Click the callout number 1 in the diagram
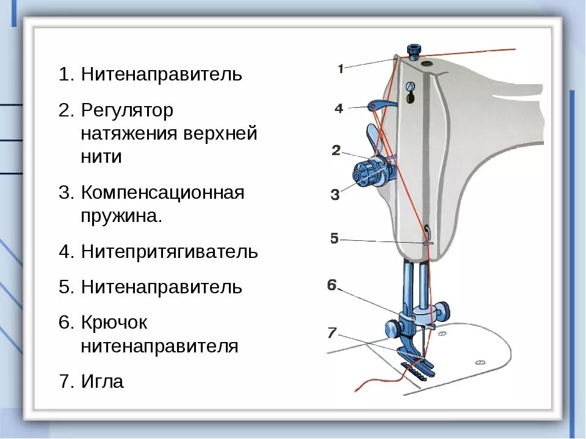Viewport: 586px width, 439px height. (341, 69)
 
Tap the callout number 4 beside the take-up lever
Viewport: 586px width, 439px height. (339, 109)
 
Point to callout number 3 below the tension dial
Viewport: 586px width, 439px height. (335, 195)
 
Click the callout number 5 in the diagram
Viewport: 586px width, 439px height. (334, 238)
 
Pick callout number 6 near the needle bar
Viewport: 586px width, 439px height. (331, 285)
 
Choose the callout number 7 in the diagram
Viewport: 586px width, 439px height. (331, 332)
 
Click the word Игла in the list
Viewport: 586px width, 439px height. (102, 382)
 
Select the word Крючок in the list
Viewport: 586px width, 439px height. (114, 323)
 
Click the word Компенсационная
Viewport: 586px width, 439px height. (162, 193)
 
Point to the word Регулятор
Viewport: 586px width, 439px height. (127, 111)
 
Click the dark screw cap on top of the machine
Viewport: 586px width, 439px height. (414, 51)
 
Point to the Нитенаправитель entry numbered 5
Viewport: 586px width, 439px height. (161, 287)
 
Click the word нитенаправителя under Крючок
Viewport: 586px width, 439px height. (159, 346)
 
